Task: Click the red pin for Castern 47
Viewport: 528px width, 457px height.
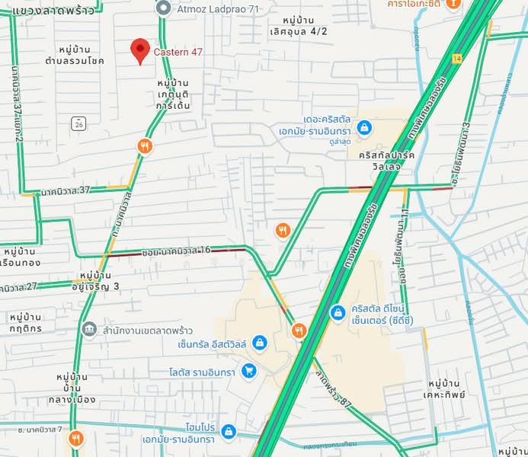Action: (139, 50)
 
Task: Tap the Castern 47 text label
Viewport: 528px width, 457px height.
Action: (178, 52)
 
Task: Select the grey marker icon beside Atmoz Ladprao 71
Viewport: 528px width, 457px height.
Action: (162, 8)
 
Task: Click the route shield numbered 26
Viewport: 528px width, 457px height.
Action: (78, 122)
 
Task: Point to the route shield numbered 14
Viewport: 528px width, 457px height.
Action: (456, 59)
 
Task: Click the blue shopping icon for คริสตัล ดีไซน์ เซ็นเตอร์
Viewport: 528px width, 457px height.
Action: (338, 312)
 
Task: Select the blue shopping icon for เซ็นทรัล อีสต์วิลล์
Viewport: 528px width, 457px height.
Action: (259, 344)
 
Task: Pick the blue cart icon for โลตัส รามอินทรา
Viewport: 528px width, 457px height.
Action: (248, 371)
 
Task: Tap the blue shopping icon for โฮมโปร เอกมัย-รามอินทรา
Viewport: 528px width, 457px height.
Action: (228, 433)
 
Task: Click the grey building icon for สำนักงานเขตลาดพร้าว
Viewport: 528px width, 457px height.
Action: (89, 329)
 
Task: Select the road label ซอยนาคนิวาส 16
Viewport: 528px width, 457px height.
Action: (176, 250)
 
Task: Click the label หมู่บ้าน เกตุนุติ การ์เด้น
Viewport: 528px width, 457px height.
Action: (174, 94)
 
